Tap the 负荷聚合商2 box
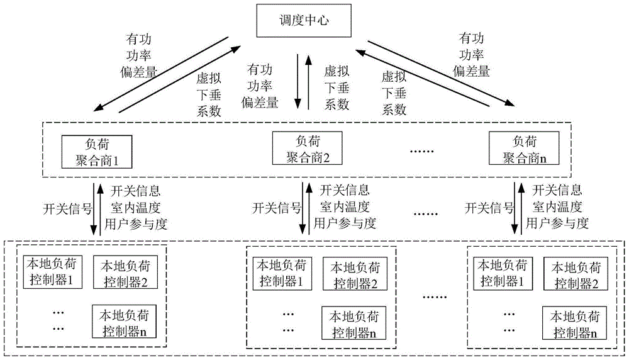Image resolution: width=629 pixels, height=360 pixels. [308, 149]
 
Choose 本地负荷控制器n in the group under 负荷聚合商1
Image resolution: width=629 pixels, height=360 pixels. [122, 321]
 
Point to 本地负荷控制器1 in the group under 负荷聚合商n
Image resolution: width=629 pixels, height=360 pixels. [501, 272]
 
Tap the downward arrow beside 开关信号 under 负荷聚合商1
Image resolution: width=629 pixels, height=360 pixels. [92, 208]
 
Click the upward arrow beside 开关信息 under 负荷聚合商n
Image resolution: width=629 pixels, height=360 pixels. [520, 208]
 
